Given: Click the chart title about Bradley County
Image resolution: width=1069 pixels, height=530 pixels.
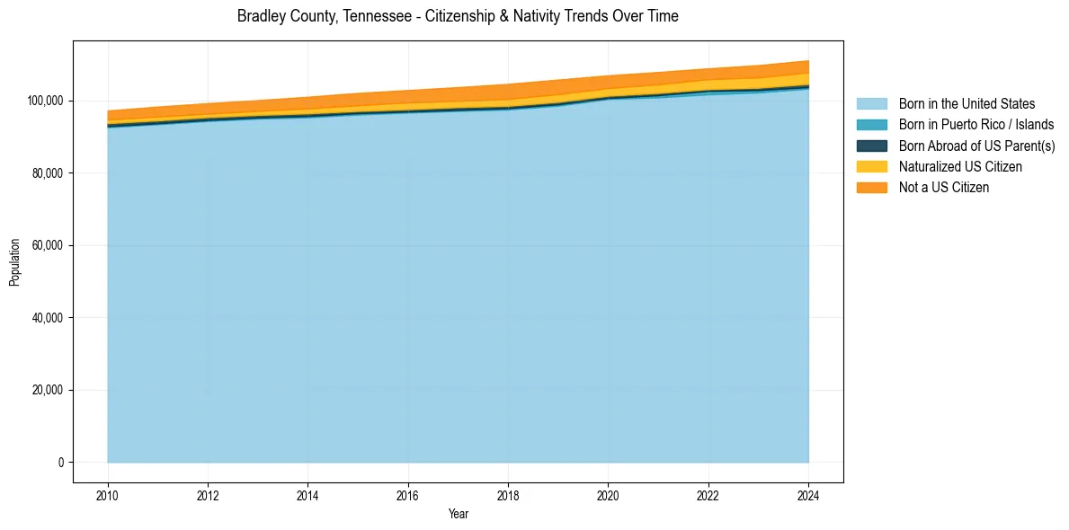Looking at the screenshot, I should coord(458,16).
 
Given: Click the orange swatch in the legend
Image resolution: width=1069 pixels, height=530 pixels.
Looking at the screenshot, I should coord(871,187).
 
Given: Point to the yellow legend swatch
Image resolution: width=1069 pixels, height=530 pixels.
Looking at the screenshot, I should coord(871,166).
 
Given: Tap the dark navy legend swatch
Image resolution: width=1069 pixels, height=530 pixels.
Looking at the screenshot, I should coord(871,146).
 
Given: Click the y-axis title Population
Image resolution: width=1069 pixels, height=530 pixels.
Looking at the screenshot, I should coord(14,261).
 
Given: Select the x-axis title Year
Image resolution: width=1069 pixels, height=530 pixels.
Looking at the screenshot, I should coord(458,515).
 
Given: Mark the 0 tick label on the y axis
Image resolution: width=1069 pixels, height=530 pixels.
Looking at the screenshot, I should coord(62,463).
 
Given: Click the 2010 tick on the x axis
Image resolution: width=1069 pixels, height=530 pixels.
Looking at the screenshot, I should coord(108,494).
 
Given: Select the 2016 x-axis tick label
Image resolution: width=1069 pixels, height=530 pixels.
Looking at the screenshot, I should coord(408,494).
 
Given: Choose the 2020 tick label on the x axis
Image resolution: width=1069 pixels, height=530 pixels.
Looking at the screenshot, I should coord(609,494).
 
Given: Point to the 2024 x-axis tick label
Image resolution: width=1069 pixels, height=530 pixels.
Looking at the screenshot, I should coord(808,494).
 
